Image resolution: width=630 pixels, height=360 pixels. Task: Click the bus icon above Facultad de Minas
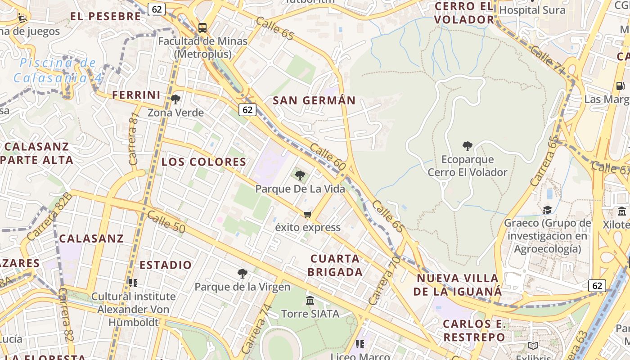(202, 27)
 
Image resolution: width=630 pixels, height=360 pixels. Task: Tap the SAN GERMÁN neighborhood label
(314, 100)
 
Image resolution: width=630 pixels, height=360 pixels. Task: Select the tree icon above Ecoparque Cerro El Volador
(468, 146)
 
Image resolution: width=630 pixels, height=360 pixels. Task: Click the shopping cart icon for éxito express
(308, 214)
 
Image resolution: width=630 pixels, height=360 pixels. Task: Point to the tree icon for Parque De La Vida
(300, 175)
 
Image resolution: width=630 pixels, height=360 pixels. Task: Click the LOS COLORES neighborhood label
(204, 162)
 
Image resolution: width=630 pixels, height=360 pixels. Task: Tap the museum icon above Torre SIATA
(310, 300)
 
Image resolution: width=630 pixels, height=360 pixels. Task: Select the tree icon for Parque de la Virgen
(242, 273)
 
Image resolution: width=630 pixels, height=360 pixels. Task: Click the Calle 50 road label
(166, 222)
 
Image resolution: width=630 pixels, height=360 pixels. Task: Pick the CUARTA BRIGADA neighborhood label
(336, 265)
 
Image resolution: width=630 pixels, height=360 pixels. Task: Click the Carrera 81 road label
(134, 138)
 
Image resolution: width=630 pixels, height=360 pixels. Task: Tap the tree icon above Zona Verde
(175, 99)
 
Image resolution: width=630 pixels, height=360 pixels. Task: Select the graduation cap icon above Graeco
(547, 210)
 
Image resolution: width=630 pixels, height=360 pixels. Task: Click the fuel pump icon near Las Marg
(620, 85)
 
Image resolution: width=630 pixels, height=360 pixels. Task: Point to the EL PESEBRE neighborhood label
(105, 17)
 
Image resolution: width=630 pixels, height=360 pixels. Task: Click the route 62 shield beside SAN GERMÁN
(247, 110)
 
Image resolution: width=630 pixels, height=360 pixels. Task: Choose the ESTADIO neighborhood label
(166, 265)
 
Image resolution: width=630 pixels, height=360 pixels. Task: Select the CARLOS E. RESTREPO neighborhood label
(474, 330)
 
